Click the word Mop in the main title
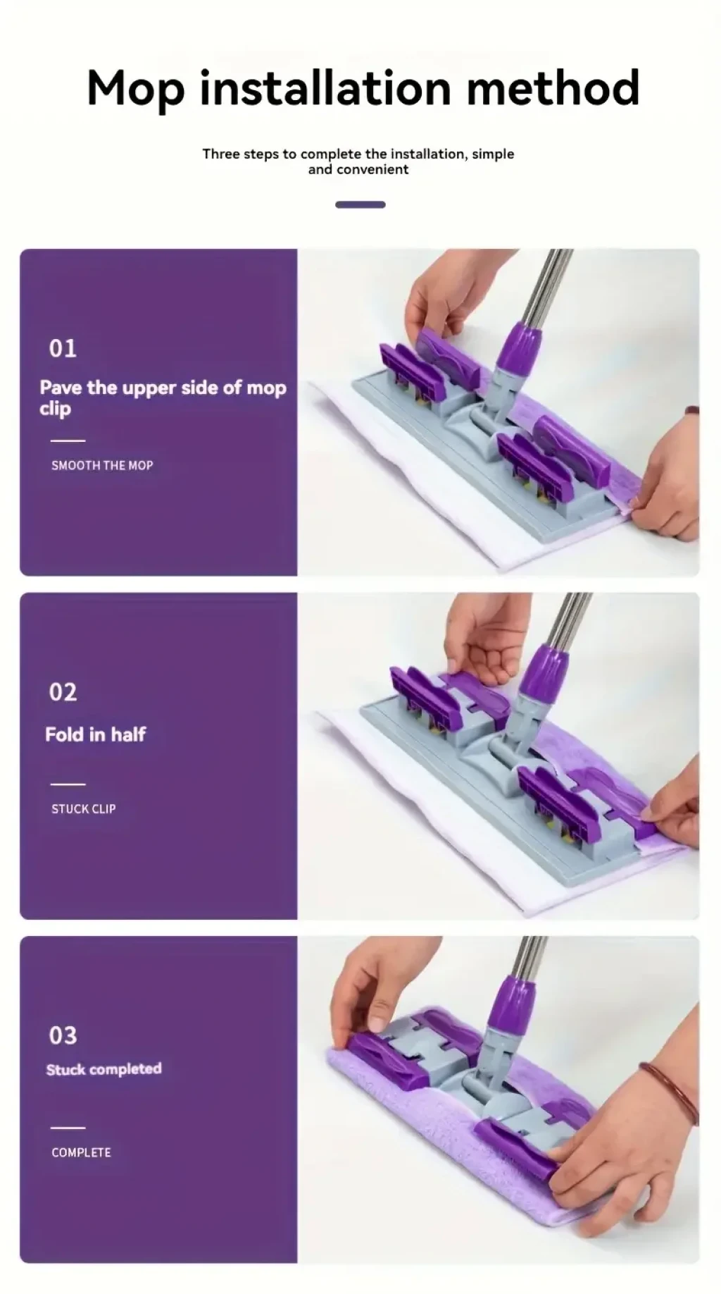136,90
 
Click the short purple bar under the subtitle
360,204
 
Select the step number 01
63,348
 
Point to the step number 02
63,692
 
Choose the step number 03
63,1035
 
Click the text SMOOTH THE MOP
102,465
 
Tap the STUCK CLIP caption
83,808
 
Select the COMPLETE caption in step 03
81,1152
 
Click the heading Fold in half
95,734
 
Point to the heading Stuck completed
104,1069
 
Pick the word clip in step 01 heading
55,409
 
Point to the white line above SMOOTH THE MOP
68,440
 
